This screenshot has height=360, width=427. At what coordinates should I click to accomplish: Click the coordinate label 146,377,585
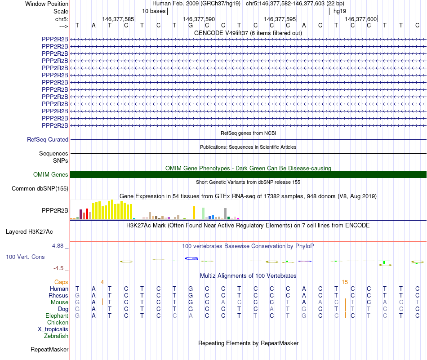118,19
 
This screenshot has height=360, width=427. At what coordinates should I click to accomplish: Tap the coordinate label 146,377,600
360,19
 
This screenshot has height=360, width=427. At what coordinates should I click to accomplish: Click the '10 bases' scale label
154,11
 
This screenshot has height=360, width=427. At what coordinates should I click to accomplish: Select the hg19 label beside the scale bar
339,11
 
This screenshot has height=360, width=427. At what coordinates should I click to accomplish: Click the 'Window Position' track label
47,4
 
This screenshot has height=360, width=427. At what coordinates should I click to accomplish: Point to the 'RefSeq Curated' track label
48,140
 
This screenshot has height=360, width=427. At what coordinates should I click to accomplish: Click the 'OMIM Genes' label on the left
51,175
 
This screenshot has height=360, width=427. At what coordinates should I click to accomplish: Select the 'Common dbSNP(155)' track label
40,189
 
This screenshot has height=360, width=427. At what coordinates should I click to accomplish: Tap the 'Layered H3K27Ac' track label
29,232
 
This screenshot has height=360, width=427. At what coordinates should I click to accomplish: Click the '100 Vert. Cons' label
25,257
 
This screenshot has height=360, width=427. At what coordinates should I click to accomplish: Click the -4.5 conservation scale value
59,268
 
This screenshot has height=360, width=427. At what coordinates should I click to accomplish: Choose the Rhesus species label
58,296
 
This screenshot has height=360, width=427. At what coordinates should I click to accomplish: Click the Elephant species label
57,316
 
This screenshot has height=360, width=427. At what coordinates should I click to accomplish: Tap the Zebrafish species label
56,336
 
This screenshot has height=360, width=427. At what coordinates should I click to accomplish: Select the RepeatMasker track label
49,349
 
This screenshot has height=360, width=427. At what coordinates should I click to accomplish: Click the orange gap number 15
344,282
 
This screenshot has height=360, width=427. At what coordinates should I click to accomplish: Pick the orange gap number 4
102,282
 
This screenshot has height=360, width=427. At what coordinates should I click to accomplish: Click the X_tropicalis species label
53,329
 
